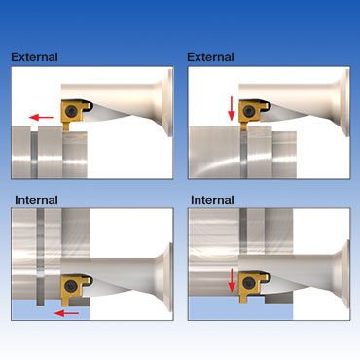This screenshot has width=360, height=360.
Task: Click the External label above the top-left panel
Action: [x=34, y=57]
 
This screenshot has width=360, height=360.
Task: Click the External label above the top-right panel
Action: [x=210, y=57]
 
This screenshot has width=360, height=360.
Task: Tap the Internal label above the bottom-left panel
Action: [x=36, y=200]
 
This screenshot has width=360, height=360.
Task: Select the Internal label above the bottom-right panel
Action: [x=212, y=200]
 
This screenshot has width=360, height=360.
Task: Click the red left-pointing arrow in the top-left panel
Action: [x=41, y=117]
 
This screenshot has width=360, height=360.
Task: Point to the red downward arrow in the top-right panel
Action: [x=232, y=108]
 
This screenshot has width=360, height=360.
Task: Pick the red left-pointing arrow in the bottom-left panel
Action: [x=67, y=313]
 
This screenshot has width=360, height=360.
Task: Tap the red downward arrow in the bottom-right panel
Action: [x=232, y=280]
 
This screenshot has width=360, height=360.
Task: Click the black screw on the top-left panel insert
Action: [x=71, y=112]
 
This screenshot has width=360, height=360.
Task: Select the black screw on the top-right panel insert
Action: [x=248, y=112]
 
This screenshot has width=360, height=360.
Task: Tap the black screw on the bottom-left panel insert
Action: [x=70, y=286]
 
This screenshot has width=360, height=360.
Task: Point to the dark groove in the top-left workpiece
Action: [x=34, y=153]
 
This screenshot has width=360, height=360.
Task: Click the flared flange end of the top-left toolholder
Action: [x=167, y=102]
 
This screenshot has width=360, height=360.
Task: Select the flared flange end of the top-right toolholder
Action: [x=344, y=102]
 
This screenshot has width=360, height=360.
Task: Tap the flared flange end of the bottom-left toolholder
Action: [x=167, y=277]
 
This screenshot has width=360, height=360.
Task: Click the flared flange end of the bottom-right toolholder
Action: [x=344, y=274]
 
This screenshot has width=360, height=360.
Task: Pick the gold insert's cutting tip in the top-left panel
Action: [x=66, y=128]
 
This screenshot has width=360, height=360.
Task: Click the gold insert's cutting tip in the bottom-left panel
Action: [x=65, y=304]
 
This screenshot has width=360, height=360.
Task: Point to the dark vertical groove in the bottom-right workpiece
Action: [x=243, y=231]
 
